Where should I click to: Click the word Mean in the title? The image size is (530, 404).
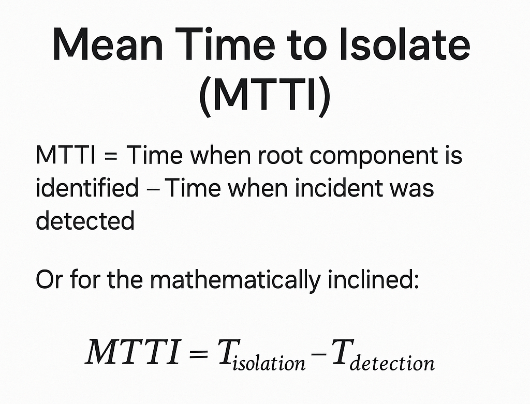108,44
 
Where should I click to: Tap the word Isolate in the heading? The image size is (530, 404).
405,44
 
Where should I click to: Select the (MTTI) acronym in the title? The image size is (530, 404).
264,95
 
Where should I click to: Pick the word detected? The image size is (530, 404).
85,220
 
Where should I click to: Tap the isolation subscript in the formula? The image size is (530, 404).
269,363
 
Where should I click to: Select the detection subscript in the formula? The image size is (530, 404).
392,363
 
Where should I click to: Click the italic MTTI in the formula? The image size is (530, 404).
134,352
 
